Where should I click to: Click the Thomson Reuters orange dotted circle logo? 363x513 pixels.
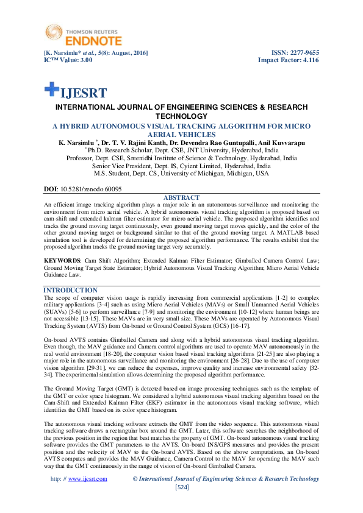pos(52,32)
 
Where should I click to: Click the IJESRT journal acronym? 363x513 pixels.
pos(83,93)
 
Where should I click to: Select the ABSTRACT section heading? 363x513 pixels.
pos(181,198)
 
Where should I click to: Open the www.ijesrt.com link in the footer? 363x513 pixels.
pos(88,479)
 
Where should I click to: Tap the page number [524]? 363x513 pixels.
pos(182,487)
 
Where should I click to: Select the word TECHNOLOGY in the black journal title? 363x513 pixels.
pos(181,116)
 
